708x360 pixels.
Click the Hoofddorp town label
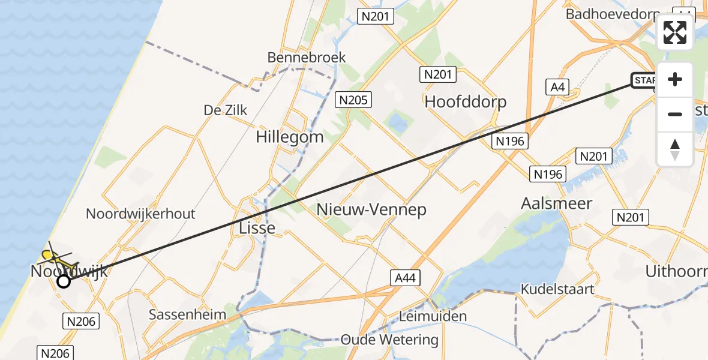[x=465, y=101]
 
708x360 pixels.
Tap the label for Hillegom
[x=289, y=137]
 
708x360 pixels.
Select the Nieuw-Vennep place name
[x=371, y=209]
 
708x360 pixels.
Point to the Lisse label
[x=257, y=228]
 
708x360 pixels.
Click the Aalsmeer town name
[x=557, y=203]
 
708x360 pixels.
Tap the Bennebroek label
[x=307, y=58]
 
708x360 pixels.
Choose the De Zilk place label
[x=225, y=110]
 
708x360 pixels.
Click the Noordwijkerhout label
[x=140, y=214]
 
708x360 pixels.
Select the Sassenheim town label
[x=187, y=314]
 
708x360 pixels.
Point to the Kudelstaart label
[x=557, y=289]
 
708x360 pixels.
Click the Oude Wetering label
[x=389, y=340]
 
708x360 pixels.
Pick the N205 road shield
[x=354, y=100]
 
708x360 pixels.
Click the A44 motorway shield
[x=406, y=278]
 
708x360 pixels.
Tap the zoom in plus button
[x=675, y=79]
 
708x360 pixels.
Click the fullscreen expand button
[x=675, y=32]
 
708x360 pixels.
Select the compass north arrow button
[x=675, y=149]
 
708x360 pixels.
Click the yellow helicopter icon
[x=57, y=258]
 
